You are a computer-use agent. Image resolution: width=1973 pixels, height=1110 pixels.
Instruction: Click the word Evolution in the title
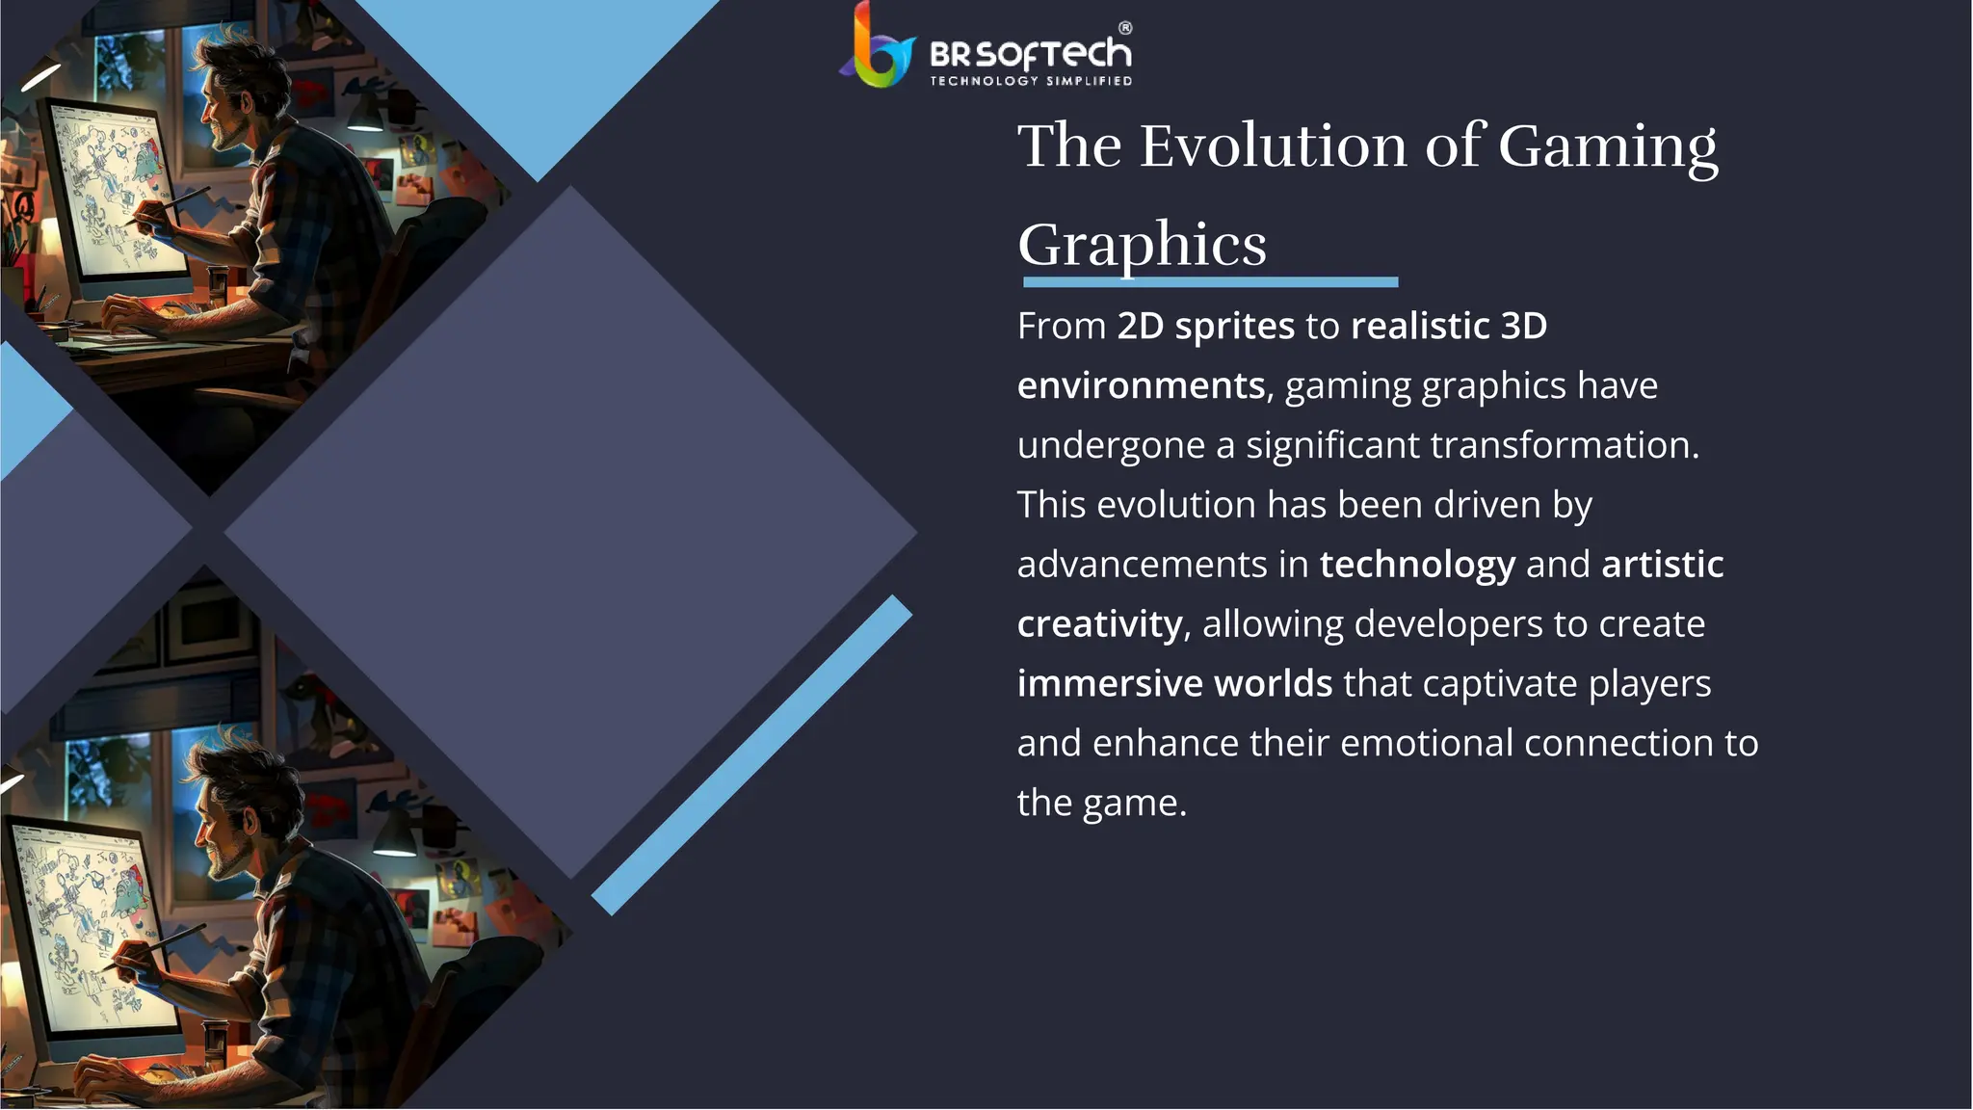click(x=1275, y=146)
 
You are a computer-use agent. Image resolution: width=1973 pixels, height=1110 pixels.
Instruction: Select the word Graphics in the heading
click(x=1142, y=245)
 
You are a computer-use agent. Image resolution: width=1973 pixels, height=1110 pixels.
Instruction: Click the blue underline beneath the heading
click(x=1210, y=282)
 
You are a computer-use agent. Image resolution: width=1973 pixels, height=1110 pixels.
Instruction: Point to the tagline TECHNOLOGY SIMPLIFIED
click(x=1030, y=81)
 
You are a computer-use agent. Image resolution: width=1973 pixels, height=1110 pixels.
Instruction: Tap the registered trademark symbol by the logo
click(x=1124, y=28)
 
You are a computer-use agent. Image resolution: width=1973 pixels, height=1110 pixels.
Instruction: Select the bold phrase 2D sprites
click(x=1205, y=326)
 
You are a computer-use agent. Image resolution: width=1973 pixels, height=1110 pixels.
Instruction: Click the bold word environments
click(x=1141, y=385)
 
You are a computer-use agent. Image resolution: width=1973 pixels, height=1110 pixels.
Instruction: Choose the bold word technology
click(x=1416, y=565)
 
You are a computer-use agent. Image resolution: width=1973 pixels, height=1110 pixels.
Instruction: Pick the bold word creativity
click(x=1099, y=624)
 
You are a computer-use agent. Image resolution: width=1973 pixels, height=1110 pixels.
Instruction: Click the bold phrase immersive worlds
click(x=1174, y=683)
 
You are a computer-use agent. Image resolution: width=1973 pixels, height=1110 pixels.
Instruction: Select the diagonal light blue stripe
click(x=751, y=754)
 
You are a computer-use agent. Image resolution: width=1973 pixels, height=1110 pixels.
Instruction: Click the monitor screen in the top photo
click(x=116, y=193)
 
